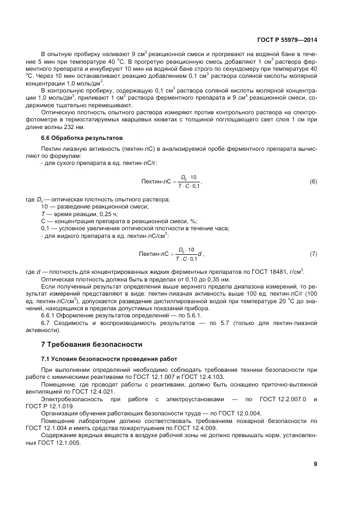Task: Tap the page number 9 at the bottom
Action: coord(315,464)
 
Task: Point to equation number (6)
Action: coord(313,181)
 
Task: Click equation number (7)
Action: coord(313,254)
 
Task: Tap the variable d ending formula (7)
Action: coord(200,254)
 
